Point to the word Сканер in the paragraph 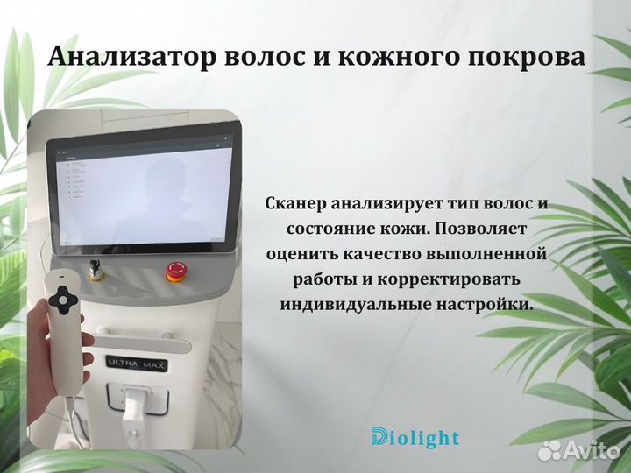click(x=296, y=203)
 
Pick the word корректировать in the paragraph click(x=451, y=279)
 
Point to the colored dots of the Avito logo click(x=549, y=450)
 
